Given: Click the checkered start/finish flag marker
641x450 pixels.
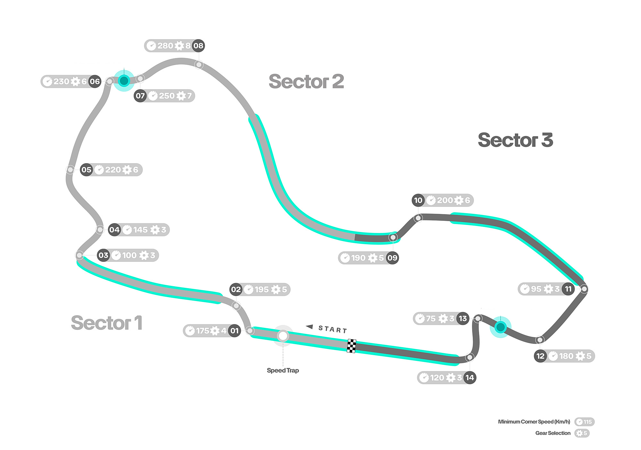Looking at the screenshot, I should (x=352, y=346).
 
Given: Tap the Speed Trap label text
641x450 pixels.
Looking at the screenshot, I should (x=283, y=371).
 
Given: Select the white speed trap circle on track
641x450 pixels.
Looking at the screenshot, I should (x=283, y=336).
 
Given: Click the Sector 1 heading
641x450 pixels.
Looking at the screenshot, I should (x=106, y=323).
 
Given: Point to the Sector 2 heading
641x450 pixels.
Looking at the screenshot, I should (x=306, y=81).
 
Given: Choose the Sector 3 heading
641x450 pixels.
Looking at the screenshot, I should (x=515, y=140).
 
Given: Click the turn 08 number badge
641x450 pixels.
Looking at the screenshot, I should (x=198, y=46).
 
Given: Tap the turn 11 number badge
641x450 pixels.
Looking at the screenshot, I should (x=568, y=289).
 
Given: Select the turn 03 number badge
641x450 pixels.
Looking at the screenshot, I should (x=103, y=255).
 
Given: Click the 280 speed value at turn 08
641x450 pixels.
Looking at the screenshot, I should (x=165, y=46).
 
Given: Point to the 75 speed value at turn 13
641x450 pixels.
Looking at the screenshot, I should (x=431, y=319).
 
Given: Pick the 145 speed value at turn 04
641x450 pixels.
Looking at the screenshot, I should (x=140, y=230).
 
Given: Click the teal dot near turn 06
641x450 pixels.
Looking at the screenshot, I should (x=124, y=80).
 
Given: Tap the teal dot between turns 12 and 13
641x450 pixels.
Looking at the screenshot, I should (x=500, y=327).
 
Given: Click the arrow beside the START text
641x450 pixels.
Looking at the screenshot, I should (x=309, y=327).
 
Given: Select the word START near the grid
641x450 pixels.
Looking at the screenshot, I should (x=333, y=329).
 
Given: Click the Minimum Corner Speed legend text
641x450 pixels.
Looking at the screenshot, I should (x=534, y=422).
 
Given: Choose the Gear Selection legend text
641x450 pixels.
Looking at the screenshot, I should (x=553, y=433).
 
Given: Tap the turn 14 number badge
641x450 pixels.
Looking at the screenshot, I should (x=470, y=378).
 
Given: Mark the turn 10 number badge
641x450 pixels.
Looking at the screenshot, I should (x=418, y=200).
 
